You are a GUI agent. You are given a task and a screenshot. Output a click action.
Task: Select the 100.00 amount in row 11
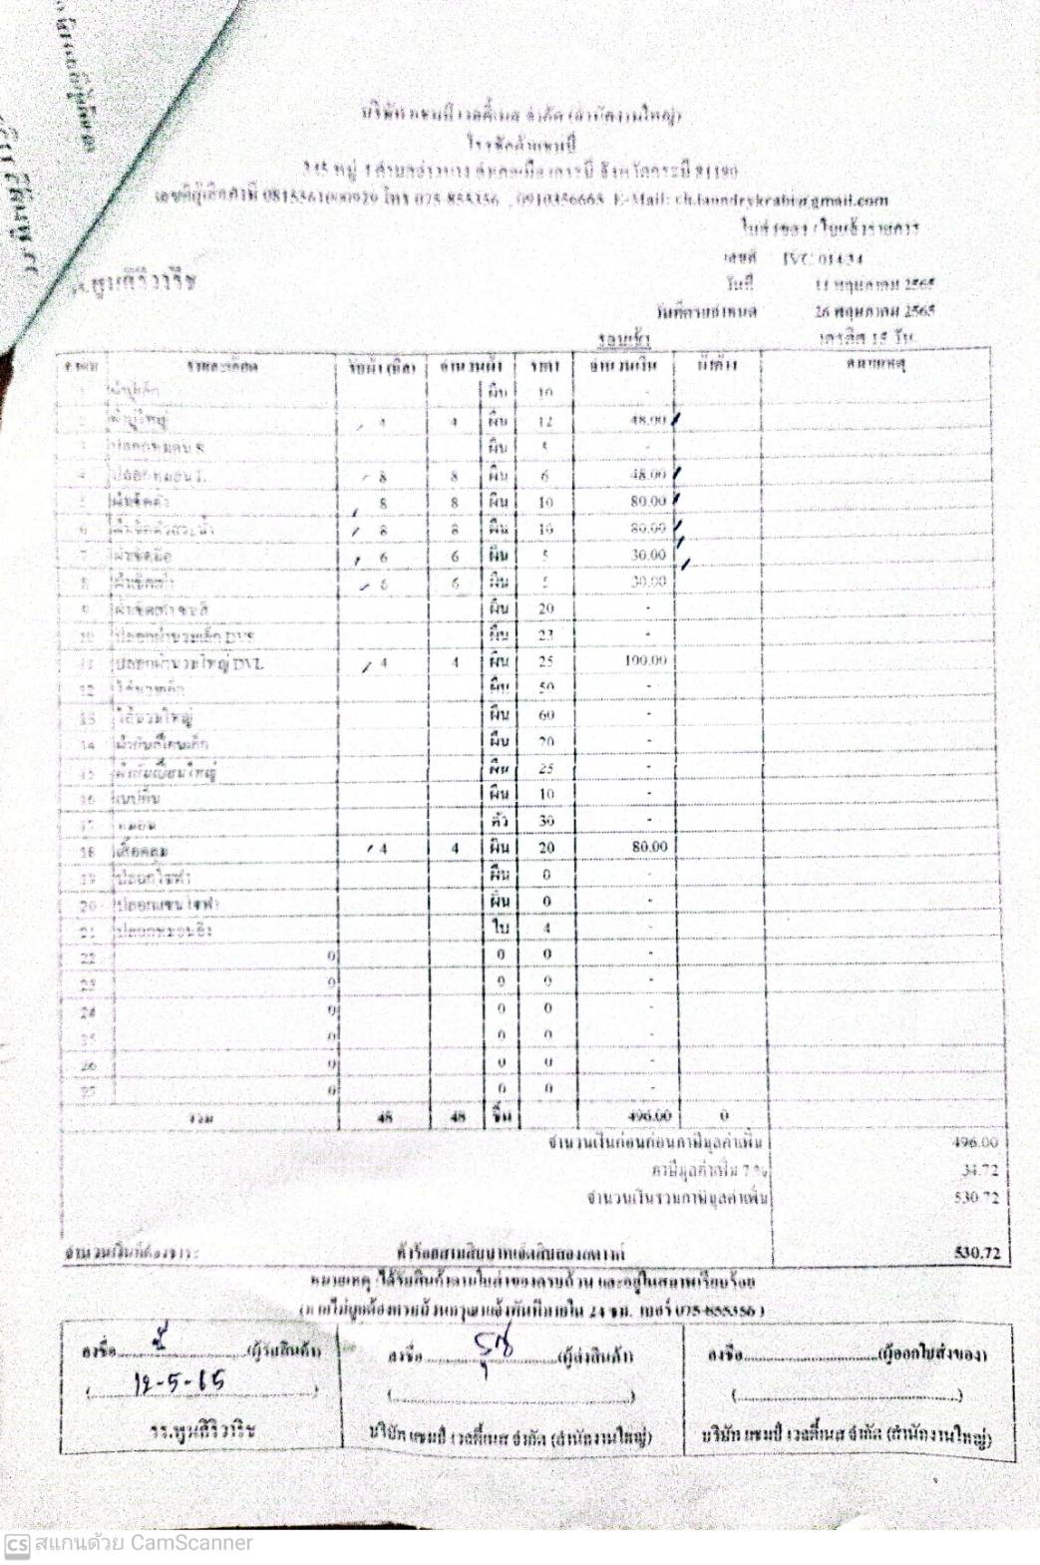pyautogui.click(x=645, y=661)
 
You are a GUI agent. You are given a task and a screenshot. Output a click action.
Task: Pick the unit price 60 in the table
pyautogui.click(x=546, y=715)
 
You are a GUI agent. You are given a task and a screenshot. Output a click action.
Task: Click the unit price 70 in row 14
pyautogui.click(x=546, y=742)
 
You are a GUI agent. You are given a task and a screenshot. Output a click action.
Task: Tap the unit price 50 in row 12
pyautogui.click(x=546, y=688)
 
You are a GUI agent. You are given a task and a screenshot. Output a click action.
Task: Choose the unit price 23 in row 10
pyautogui.click(x=546, y=635)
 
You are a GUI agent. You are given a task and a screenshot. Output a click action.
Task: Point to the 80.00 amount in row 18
pyautogui.click(x=649, y=847)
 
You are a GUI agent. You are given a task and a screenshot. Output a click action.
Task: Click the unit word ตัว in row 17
pyautogui.click(x=500, y=820)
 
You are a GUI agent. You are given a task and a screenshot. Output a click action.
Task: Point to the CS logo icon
pyautogui.click(x=17, y=1544)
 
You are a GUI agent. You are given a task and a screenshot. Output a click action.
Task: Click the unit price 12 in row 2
pyautogui.click(x=545, y=422)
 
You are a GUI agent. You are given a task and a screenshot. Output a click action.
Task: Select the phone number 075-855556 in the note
pyautogui.click(x=720, y=1309)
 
